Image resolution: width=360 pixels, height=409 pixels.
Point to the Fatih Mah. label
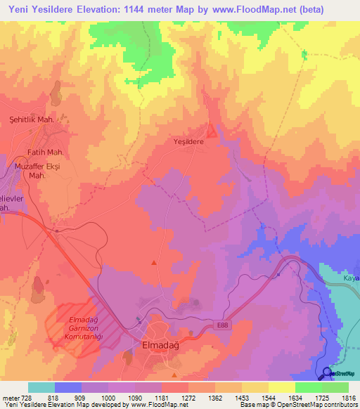[46, 152]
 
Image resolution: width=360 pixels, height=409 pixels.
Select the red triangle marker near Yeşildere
[212, 131]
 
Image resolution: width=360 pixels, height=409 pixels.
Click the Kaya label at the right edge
[352, 279]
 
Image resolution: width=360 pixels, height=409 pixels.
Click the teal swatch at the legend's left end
[41, 387]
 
